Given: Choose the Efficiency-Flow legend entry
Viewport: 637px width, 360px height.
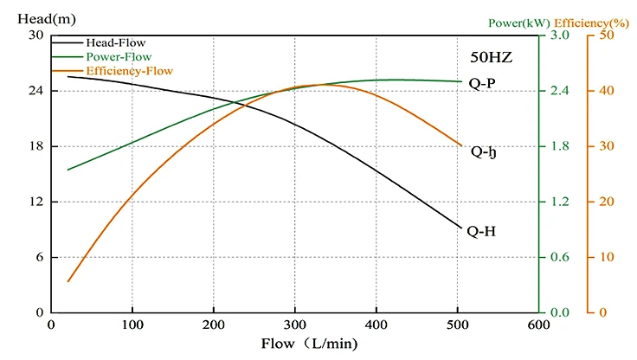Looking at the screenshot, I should pos(125,69).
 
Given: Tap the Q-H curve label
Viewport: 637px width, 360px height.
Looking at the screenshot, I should pos(480,231).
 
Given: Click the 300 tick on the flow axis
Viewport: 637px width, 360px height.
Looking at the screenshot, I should pos(295,325).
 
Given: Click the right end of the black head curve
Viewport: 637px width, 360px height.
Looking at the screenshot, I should pos(462,228).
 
